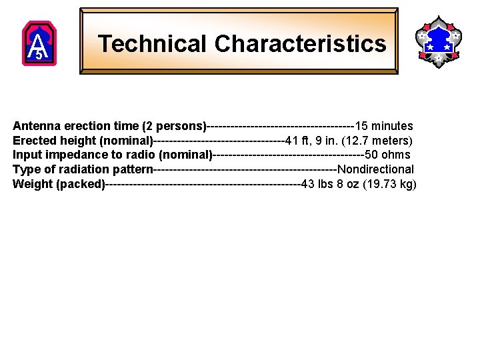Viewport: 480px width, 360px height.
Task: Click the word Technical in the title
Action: point(153,44)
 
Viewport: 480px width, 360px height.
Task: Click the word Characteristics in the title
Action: point(300,44)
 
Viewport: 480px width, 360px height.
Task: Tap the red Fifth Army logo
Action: point(39,43)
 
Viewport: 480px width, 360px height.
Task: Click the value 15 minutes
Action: point(384,126)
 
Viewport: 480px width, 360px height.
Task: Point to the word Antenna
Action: point(35,126)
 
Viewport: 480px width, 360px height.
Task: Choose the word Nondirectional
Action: point(375,170)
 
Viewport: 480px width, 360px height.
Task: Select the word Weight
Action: point(33,185)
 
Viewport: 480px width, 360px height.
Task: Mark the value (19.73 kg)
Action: point(389,185)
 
